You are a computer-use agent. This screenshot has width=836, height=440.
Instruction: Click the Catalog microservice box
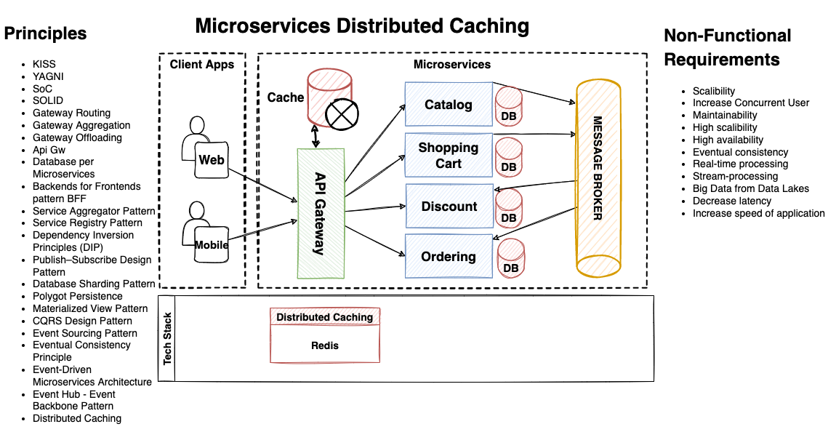pos(449,105)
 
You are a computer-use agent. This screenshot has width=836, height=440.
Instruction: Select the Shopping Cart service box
pos(449,155)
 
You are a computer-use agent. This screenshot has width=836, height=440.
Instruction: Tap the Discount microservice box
pos(449,207)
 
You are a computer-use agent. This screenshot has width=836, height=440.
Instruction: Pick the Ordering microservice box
pos(449,257)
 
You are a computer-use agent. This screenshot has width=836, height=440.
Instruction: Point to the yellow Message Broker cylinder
pos(598,178)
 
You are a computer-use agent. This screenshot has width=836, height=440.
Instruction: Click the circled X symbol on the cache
pos(339,113)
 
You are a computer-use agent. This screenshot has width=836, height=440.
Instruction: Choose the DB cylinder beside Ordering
pos(511,259)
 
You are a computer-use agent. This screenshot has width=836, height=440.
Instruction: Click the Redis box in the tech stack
pos(325,345)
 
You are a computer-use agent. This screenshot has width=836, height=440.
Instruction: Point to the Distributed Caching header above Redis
pos(325,317)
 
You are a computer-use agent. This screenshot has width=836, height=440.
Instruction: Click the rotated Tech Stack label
pos(168,339)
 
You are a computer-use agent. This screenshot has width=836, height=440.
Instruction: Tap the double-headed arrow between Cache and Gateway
pos(316,136)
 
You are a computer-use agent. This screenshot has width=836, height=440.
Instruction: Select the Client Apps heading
pos(202,65)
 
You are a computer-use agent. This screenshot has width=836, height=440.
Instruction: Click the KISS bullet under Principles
pos(44,64)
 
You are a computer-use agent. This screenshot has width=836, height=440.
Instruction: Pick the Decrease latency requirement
pos(732,201)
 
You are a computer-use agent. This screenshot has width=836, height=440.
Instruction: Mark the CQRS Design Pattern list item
pos(82,321)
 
